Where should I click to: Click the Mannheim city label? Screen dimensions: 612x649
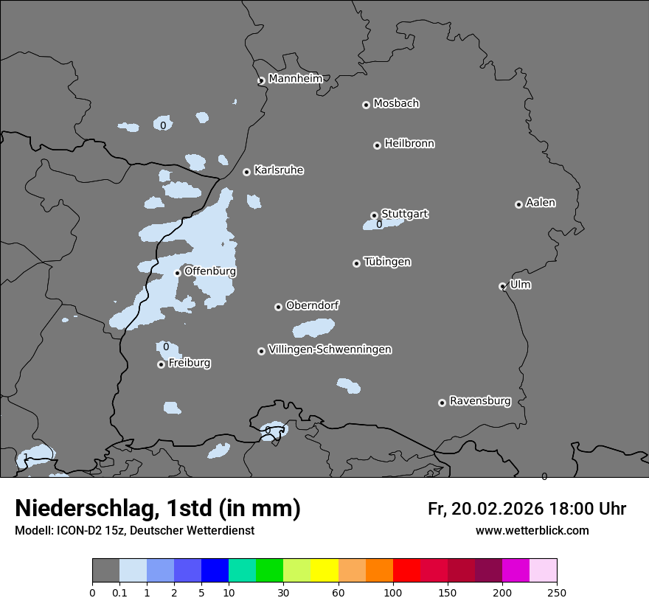point(295,79)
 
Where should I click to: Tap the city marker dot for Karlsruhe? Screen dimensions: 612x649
point(246,172)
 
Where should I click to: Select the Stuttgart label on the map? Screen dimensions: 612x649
point(404,214)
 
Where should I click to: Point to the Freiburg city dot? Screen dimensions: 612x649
point(161,364)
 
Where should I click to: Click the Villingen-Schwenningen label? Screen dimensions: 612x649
point(330,350)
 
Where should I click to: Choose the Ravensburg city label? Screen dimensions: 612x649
point(479,401)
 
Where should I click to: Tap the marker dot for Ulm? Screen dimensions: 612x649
point(502,286)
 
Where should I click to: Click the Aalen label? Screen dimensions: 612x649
point(540,203)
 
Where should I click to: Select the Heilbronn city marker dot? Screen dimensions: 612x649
point(377,145)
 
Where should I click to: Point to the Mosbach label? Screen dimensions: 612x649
point(395,104)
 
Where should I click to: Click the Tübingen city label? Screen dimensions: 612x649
point(386,262)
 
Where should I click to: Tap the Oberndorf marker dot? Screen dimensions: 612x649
point(278,307)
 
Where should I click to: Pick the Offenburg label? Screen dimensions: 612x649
point(209,271)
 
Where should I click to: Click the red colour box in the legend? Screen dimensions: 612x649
point(406,571)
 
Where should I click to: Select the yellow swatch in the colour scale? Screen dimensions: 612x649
point(324,571)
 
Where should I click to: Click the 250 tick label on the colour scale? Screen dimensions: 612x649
point(557,592)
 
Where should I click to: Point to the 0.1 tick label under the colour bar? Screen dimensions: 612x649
point(119,592)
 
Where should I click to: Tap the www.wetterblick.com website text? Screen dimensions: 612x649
point(532,530)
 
